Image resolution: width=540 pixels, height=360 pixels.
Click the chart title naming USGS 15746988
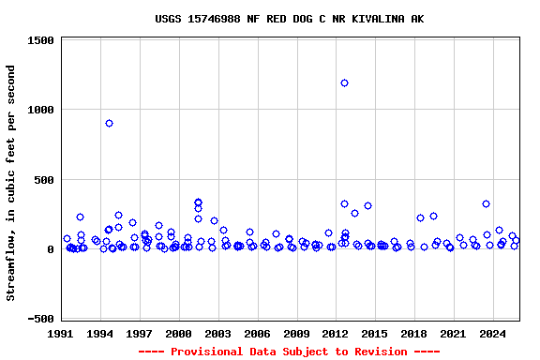289,19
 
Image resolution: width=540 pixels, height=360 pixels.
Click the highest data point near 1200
344,82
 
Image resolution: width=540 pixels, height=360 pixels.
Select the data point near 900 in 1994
109,123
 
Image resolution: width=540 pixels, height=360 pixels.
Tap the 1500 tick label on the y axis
40,40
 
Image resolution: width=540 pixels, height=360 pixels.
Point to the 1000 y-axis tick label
40,110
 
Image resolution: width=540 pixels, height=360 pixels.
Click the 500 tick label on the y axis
44,180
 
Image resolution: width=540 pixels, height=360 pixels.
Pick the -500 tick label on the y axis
40,320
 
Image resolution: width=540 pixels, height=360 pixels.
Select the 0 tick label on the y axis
51,249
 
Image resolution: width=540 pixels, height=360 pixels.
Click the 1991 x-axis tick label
62,333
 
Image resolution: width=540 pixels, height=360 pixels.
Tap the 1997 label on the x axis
140,333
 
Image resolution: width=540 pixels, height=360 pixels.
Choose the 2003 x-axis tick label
218,333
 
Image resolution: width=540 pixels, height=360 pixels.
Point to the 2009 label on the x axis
296,333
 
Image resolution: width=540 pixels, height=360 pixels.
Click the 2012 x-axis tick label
336,333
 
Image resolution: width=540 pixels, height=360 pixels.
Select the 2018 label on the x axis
413,333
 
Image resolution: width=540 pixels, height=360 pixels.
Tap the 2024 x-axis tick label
492,333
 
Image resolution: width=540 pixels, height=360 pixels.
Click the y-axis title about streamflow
11,183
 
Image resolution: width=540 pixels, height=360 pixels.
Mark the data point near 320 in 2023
486,203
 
